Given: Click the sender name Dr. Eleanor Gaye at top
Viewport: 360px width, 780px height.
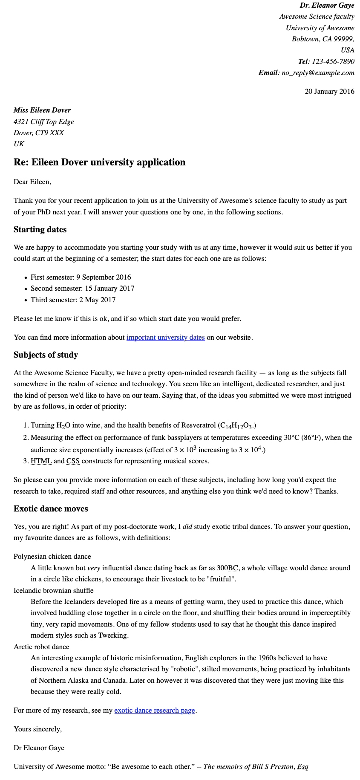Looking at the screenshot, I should pyautogui.click(x=327, y=6).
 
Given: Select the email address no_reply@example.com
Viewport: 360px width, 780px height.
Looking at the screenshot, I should pyautogui.click(x=318, y=72).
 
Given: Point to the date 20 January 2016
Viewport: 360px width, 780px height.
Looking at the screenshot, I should pyautogui.click(x=329, y=91).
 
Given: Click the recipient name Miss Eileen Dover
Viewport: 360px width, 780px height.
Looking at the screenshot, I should pyautogui.click(x=42, y=110).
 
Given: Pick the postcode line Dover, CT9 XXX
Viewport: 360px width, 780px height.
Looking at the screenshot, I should pyautogui.click(x=39, y=133).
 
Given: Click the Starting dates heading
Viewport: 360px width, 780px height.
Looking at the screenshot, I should pyautogui.click(x=40, y=230).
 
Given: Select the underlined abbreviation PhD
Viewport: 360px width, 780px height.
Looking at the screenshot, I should pyautogui.click(x=44, y=212).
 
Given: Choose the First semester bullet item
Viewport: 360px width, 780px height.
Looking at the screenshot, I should pyautogui.click(x=81, y=277).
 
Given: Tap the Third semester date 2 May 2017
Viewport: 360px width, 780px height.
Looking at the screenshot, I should pyautogui.click(x=97, y=300).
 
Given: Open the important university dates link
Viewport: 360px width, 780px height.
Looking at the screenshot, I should pyautogui.click(x=166, y=338).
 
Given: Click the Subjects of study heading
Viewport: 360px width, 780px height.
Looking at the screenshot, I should pyautogui.click(x=46, y=355).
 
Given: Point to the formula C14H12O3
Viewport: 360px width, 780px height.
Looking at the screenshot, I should pyautogui.click(x=236, y=426).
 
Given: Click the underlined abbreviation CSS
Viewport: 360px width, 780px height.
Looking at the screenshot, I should pyautogui.click(x=73, y=461).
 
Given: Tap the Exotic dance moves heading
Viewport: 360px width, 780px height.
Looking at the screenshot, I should pyautogui.click(x=51, y=509).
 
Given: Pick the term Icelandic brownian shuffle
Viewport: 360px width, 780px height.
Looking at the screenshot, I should pyautogui.click(x=54, y=591).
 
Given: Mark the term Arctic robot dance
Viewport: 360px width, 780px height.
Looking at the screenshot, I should pyautogui.click(x=41, y=647).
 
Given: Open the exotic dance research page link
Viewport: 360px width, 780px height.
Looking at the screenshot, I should pyautogui.click(x=155, y=711).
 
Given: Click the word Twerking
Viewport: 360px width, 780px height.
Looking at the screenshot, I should pyautogui.click(x=112, y=636).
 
